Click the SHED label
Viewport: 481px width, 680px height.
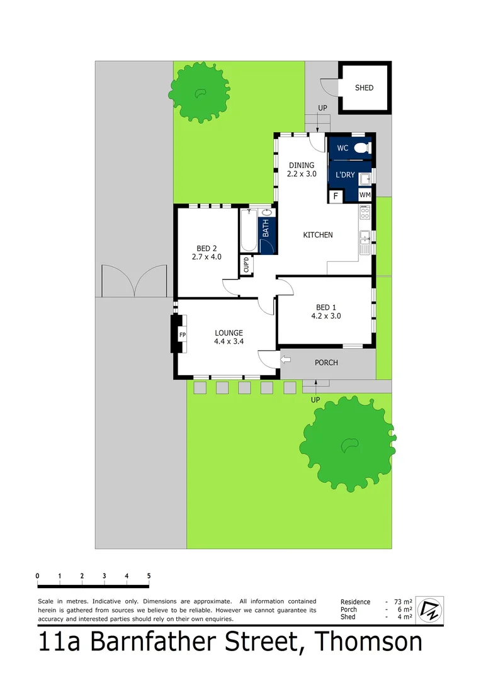pyautogui.click(x=364, y=88)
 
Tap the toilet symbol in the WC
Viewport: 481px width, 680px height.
pyautogui.click(x=361, y=149)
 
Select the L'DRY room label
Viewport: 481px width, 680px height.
pyautogui.click(x=345, y=174)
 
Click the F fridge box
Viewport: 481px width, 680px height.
pyautogui.click(x=336, y=196)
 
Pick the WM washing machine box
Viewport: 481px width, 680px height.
pyautogui.click(x=365, y=196)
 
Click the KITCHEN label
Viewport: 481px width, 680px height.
pyautogui.click(x=318, y=235)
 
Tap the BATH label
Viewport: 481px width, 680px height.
pyautogui.click(x=266, y=227)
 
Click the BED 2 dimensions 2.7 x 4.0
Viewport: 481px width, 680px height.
pyautogui.click(x=207, y=257)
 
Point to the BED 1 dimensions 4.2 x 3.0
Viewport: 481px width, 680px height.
pyautogui.click(x=326, y=317)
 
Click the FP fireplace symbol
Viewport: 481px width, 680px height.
pyautogui.click(x=183, y=335)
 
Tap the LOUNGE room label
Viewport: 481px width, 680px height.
pyautogui.click(x=229, y=333)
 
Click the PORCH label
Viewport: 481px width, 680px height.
pyautogui.click(x=326, y=363)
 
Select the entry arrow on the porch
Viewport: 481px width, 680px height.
pyautogui.click(x=286, y=360)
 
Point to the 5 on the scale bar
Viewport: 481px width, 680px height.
pyautogui.click(x=149, y=576)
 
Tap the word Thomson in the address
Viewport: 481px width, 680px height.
pyautogui.click(x=368, y=642)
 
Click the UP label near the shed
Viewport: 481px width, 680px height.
pyautogui.click(x=322, y=108)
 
